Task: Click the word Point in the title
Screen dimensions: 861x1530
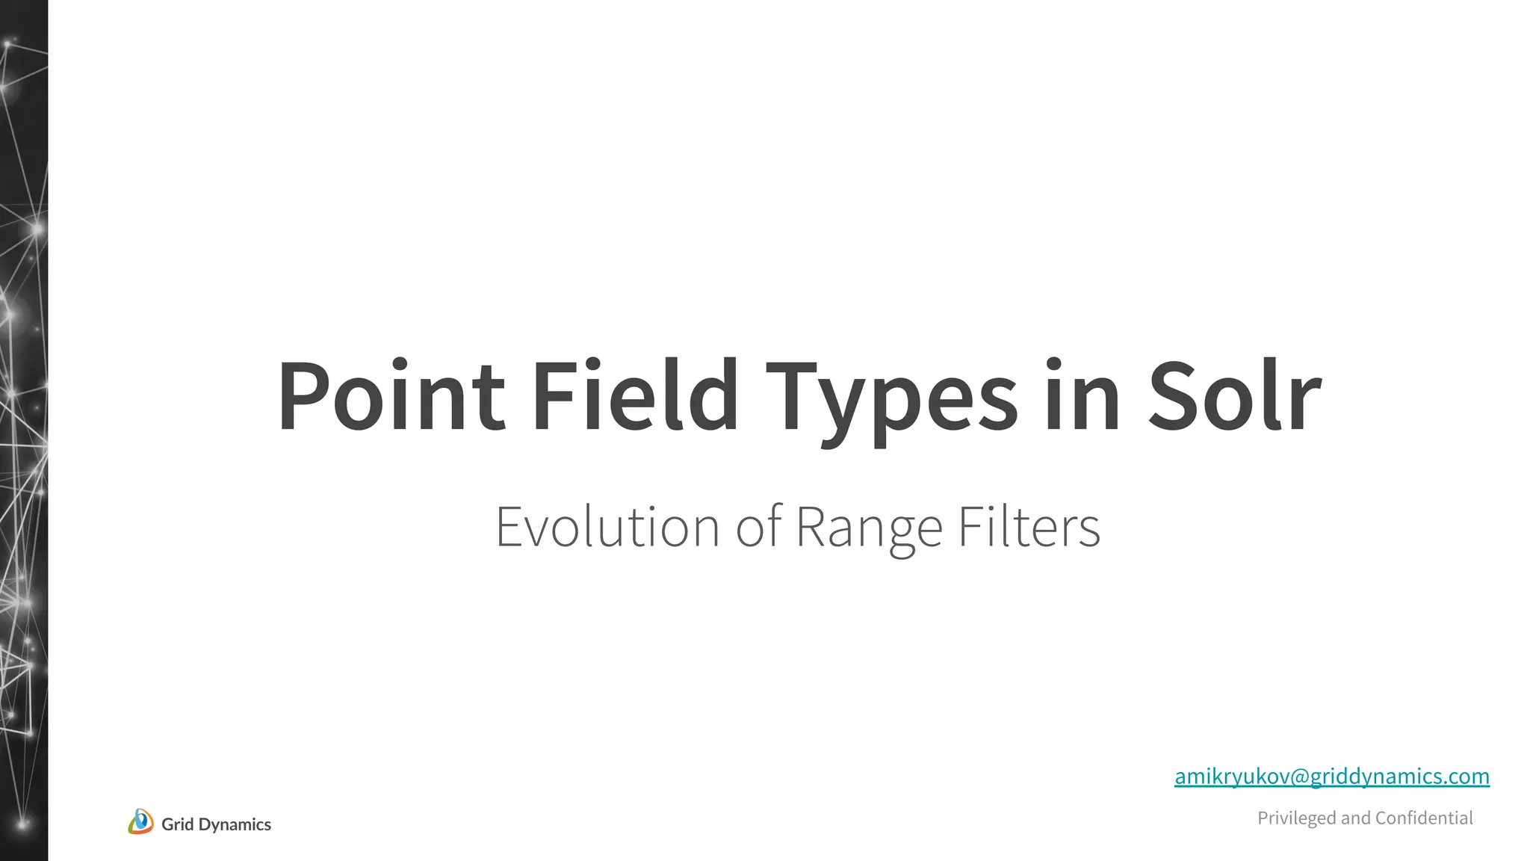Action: coord(391,395)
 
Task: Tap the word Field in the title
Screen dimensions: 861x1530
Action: coord(634,395)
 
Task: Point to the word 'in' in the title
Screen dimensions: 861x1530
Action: coord(1081,395)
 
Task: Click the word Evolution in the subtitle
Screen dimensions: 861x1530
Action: coord(607,527)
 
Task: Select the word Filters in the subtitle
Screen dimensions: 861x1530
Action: coord(1029,527)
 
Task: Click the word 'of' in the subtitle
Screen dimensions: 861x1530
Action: coord(759,527)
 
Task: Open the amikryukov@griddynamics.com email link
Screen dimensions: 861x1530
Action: coord(1331,777)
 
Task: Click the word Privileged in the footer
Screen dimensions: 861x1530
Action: coord(1296,818)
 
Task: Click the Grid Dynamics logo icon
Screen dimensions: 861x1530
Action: coord(140,821)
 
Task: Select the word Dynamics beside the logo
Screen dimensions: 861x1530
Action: coord(235,824)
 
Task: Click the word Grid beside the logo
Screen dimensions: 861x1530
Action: coord(177,824)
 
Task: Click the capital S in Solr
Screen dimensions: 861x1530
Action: coord(1171,395)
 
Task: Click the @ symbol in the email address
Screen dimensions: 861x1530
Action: coord(1300,777)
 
